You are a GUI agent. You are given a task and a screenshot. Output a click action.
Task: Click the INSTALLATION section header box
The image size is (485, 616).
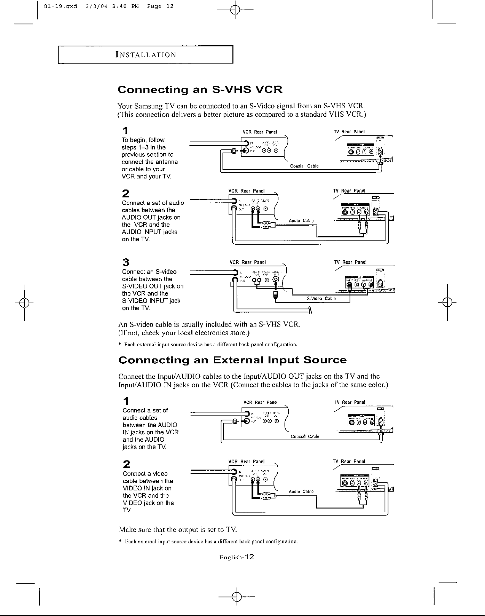tap(145, 54)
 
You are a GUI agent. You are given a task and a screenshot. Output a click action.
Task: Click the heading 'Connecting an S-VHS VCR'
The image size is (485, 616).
tap(200, 90)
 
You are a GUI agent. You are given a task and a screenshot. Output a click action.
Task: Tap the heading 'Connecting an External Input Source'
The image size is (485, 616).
tap(232, 360)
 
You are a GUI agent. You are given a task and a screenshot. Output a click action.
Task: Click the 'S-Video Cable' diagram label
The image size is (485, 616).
tap(321, 299)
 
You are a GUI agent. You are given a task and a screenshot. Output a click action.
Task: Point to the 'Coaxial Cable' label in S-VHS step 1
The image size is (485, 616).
tap(304, 166)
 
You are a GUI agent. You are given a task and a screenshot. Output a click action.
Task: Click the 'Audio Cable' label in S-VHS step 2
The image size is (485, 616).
tap(301, 221)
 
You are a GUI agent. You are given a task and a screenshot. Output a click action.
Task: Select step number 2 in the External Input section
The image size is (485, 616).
tap(127, 464)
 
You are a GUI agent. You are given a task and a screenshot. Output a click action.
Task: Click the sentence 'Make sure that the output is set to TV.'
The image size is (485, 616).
tap(178, 530)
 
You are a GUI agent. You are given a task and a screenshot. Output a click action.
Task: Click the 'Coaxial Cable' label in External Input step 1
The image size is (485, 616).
tap(305, 437)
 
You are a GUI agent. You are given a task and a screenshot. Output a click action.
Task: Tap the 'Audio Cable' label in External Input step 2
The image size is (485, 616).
tap(301, 492)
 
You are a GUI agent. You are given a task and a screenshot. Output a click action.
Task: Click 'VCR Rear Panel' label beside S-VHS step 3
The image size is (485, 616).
tap(248, 262)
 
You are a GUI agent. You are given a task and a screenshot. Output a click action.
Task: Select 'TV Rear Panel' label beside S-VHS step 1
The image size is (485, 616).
tap(349, 132)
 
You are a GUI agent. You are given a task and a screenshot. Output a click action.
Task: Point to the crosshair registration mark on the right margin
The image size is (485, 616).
tap(448, 303)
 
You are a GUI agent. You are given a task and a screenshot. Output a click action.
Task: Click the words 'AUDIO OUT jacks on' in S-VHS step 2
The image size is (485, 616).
tap(151, 217)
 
